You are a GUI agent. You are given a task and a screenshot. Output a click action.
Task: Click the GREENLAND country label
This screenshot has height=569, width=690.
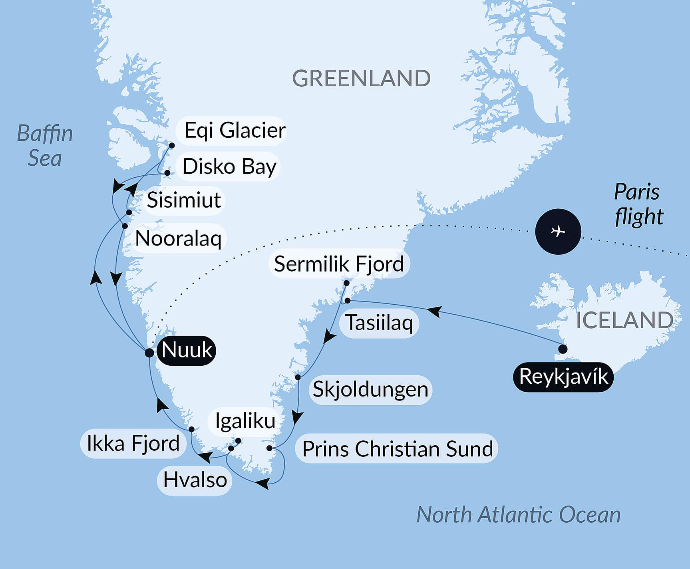click(361, 78)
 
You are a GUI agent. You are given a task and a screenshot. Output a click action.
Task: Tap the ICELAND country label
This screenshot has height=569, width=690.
click(624, 320)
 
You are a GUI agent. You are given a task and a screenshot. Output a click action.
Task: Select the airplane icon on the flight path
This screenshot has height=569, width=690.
click(558, 231)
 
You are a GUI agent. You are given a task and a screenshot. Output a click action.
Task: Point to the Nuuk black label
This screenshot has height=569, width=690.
click(187, 351)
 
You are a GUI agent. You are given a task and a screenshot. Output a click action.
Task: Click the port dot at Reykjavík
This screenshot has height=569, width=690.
click(563, 349)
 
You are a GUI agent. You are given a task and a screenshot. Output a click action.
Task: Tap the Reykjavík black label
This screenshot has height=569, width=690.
click(563, 377)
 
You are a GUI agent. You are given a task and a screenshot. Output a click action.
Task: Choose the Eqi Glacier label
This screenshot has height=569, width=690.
click(235, 131)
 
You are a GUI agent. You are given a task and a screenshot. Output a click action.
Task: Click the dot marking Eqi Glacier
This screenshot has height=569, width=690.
click(172, 145)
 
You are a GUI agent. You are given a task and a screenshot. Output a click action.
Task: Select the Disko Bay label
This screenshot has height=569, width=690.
click(229, 167)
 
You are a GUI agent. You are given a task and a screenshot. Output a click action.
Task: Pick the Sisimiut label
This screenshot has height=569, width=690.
click(184, 200)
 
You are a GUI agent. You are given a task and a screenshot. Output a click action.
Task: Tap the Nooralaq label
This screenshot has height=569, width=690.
click(178, 239)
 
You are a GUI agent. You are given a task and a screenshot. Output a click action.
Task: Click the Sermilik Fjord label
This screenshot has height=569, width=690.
click(339, 264)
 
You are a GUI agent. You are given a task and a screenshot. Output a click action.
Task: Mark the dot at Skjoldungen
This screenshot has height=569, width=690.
click(298, 377)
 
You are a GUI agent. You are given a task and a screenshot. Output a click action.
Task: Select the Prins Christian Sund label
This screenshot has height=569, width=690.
click(397, 449)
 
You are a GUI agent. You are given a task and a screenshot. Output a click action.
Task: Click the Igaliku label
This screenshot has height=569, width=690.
click(245, 421)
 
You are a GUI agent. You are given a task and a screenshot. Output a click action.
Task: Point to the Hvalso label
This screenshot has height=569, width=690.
click(195, 480)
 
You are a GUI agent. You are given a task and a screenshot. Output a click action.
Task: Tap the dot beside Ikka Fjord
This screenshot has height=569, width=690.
click(191, 430)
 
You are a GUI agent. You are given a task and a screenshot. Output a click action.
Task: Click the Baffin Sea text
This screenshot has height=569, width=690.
click(45, 146)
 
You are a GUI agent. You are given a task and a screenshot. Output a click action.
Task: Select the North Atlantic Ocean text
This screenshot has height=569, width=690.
click(518, 515)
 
